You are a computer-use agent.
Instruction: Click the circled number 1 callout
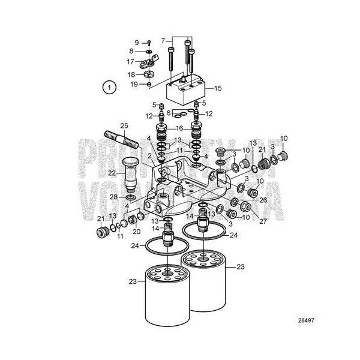pyautogui.click(x=108, y=88)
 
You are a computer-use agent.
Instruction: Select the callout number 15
pyautogui.click(x=217, y=88)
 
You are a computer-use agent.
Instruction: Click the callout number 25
pyautogui.click(x=124, y=125)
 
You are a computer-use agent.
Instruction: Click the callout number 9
pyautogui.click(x=136, y=43)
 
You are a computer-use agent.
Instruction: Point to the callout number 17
pyautogui.click(x=130, y=62)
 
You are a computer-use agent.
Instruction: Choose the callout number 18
pyautogui.click(x=130, y=74)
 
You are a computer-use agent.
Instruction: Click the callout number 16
pyautogui.click(x=179, y=128)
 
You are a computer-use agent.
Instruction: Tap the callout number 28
pyautogui.click(x=113, y=197)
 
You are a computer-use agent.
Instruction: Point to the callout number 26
pyautogui.click(x=263, y=199)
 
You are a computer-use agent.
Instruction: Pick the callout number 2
pyautogui.click(x=149, y=156)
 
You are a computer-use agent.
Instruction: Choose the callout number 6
pyautogui.click(x=169, y=113)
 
